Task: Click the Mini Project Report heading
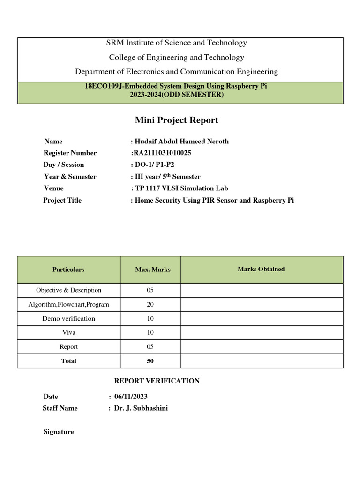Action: point(176,120)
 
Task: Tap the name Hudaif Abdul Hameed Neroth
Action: point(181,141)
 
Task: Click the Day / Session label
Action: point(64,165)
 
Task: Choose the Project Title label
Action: point(62,200)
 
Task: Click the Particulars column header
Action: point(68,270)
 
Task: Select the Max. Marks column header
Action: point(150,270)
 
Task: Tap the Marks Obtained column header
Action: point(261,269)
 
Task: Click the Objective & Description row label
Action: point(68,290)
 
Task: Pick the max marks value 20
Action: point(150,304)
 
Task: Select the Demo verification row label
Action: point(68,318)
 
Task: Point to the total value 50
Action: point(150,361)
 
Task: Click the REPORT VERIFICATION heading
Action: point(157,381)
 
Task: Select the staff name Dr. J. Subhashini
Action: point(141,408)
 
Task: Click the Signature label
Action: point(59,432)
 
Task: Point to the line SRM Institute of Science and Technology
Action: point(176,43)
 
